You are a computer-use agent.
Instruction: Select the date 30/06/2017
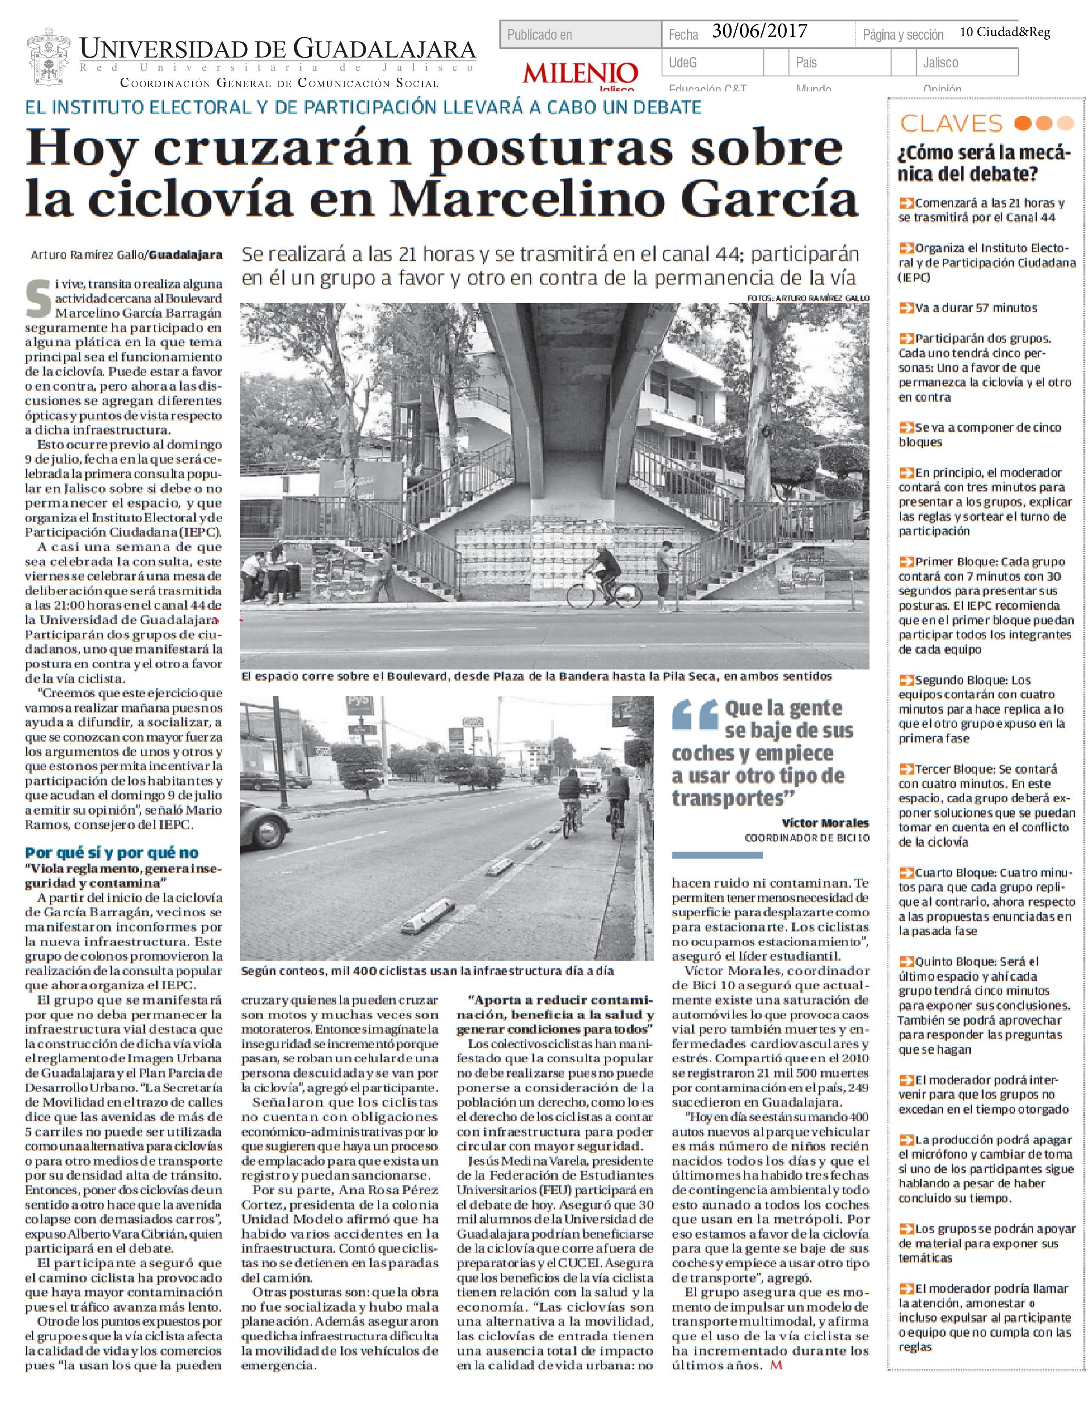coord(759,32)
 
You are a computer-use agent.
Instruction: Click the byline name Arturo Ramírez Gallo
coord(88,255)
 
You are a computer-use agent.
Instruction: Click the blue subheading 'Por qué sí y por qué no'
coord(111,852)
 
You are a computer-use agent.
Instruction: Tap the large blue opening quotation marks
coord(695,716)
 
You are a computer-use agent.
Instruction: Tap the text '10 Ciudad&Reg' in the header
coord(1004,32)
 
